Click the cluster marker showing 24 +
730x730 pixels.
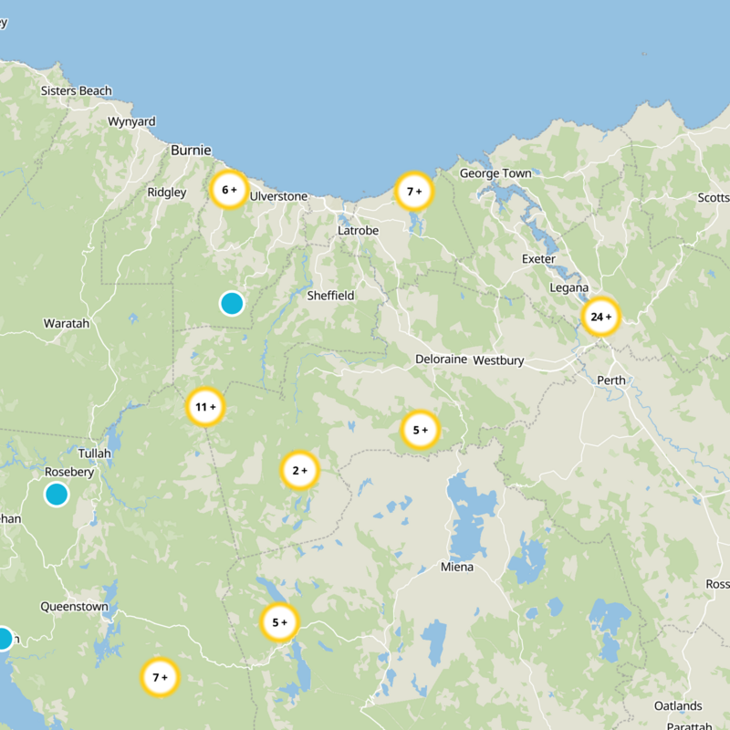[600, 317]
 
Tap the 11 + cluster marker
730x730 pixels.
[205, 407]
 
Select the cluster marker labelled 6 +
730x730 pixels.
[228, 190]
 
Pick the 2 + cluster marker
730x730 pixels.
[299, 471]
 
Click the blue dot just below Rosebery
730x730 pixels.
[57, 495]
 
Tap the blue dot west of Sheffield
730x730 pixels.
[232, 303]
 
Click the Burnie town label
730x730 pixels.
[191, 151]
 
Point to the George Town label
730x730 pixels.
[495, 173]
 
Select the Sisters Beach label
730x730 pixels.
[77, 91]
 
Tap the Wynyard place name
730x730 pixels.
[131, 122]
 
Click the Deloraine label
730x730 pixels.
[441, 360]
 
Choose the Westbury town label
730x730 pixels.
[499, 360]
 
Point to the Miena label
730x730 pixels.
[457, 568]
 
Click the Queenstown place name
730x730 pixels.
[74, 607]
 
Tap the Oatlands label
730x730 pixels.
[678, 706]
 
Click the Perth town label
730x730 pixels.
[610, 381]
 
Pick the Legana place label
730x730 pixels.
[569, 288]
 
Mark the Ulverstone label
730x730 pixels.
[278, 196]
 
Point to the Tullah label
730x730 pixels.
[95, 454]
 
